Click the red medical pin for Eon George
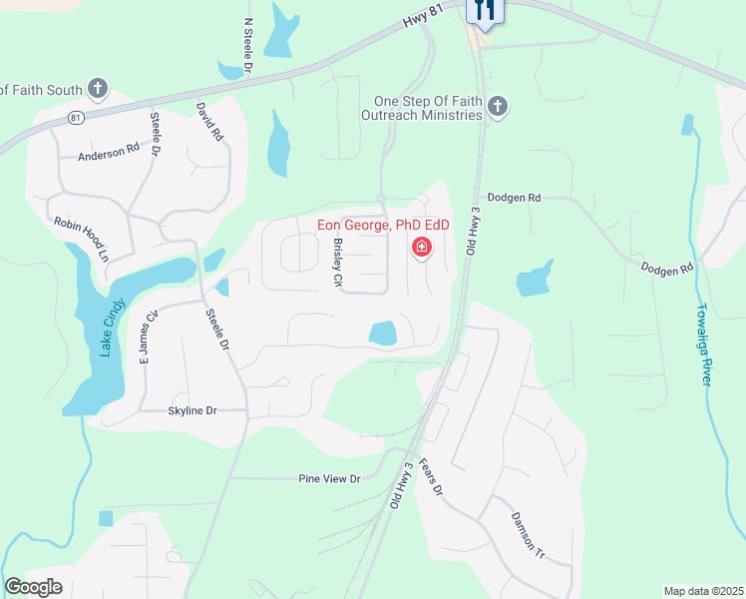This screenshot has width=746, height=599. click(422, 246)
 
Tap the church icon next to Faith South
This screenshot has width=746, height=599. click(98, 90)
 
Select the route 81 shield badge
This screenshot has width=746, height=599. click(76, 118)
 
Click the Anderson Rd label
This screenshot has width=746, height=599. click(109, 153)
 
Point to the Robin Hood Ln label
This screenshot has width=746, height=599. click(82, 239)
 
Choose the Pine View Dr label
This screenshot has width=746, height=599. click(329, 479)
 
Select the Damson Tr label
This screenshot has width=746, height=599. click(528, 534)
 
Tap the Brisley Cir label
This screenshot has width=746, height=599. click(337, 263)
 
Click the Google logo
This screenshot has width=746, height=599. click(34, 587)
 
